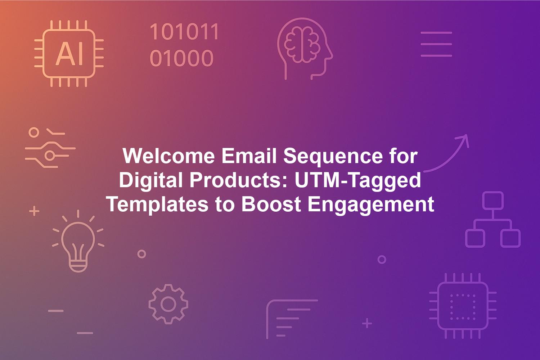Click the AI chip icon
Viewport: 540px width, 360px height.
click(x=69, y=54)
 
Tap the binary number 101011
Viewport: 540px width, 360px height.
click(x=184, y=32)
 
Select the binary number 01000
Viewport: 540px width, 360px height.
click(x=181, y=58)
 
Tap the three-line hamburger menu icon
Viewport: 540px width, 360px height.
click(x=436, y=44)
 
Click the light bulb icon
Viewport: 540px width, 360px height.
click(x=78, y=241)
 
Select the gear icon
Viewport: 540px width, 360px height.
click(x=168, y=304)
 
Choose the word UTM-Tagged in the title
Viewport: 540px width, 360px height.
click(x=358, y=181)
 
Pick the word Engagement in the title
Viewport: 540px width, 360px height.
click(x=371, y=205)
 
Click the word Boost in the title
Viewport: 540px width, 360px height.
click(x=271, y=204)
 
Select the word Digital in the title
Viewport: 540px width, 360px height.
click(x=151, y=181)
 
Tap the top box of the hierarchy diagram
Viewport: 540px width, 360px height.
click(x=493, y=201)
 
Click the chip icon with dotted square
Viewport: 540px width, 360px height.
click(x=463, y=306)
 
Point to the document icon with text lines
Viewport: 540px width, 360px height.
click(x=292, y=319)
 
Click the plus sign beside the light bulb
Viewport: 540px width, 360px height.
click(x=34, y=211)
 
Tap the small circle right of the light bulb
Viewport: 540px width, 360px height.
click(x=142, y=254)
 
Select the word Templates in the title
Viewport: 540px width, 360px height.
click(x=158, y=205)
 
